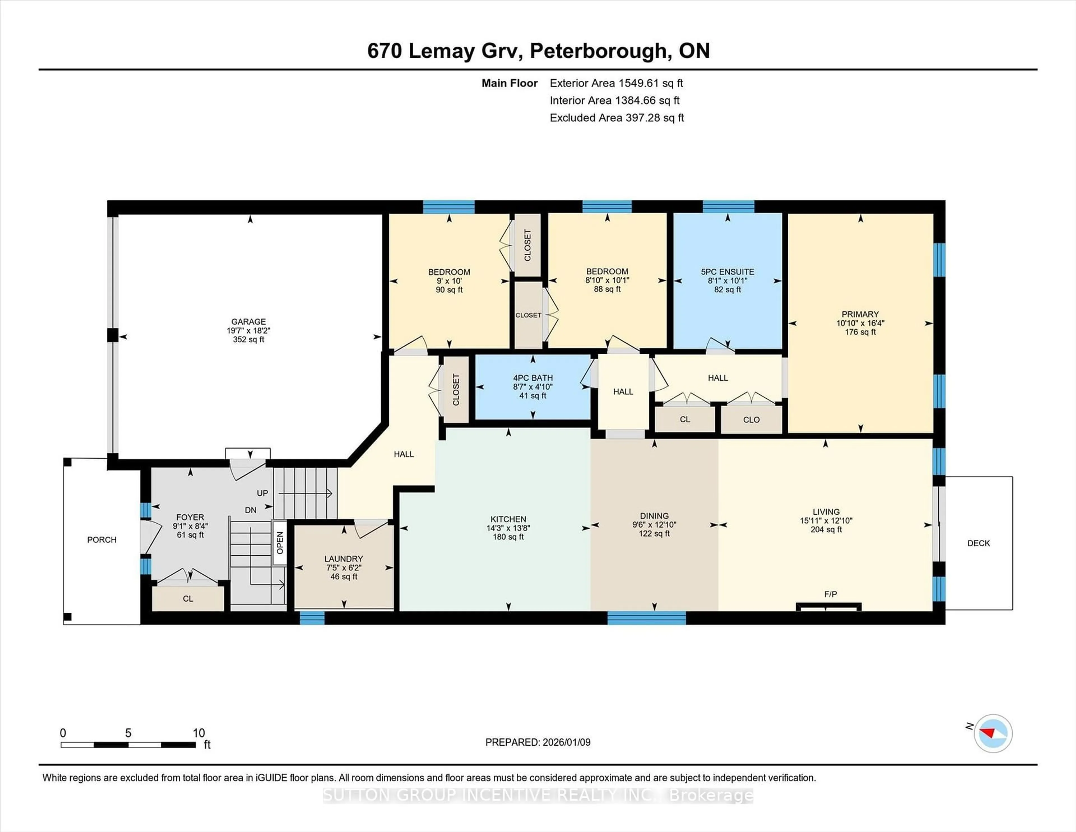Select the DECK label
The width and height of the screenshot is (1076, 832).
pos(978,543)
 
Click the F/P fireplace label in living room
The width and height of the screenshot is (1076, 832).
pos(830,594)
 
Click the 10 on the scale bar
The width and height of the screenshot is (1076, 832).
pos(199,733)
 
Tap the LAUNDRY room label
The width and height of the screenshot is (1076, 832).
pos(343,558)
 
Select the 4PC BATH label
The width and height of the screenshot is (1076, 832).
pos(533,378)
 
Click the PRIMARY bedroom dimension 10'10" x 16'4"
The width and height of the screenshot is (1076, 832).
pos(860,323)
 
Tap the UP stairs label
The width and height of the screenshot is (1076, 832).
pos(262,493)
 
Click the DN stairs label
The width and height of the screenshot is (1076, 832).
pos(250,510)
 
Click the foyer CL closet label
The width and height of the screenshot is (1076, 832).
pos(188,598)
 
